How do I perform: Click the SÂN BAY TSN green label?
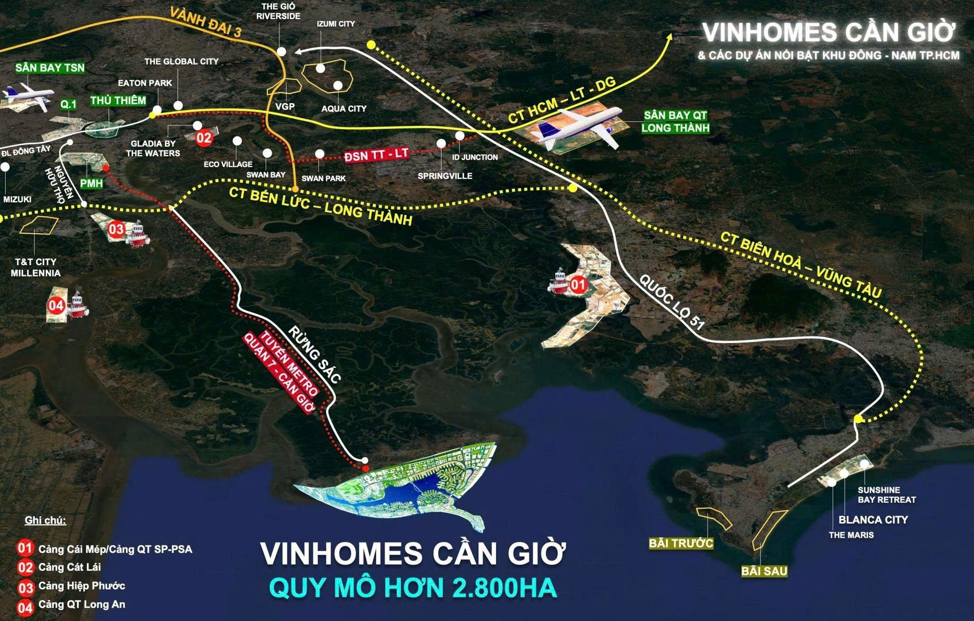pos(50,68)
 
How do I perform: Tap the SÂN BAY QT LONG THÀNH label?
pos(675,121)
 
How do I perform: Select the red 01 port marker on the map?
pos(578,285)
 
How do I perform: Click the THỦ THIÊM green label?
pos(118,100)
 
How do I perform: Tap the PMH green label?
pos(91,183)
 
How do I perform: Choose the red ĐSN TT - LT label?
pos(376,155)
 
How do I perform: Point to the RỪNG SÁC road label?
pos(314,355)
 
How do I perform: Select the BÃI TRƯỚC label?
pos(681,543)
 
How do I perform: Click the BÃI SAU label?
pos(764,571)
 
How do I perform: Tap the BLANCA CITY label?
pos(873,520)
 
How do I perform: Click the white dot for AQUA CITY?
pos(338,85)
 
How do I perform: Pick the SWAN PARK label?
pos(323,178)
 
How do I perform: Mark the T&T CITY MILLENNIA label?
pos(36,267)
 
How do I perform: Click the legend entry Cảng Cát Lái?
pos(69,567)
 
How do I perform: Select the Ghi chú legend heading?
pos(45,521)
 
